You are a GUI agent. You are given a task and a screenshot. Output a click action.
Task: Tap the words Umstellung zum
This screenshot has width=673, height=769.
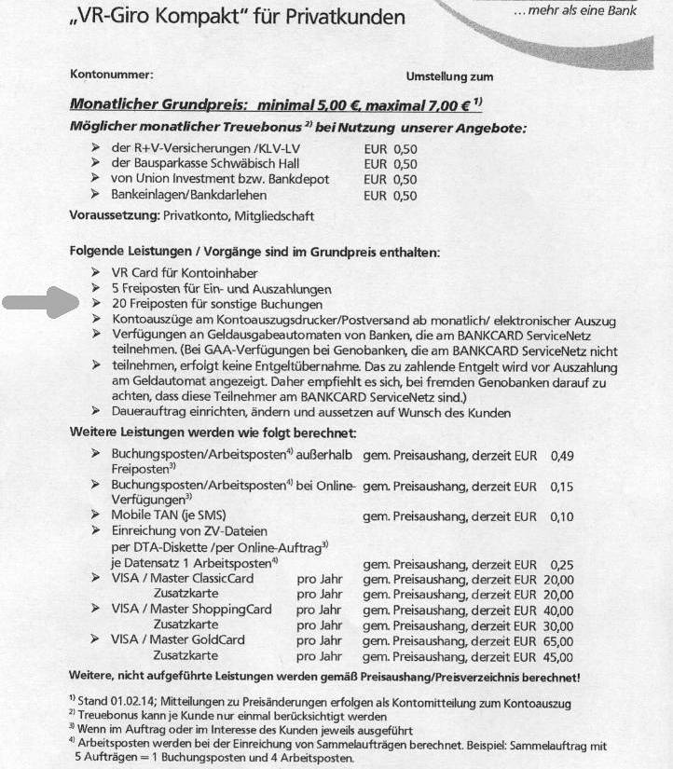pyautogui.click(x=449, y=76)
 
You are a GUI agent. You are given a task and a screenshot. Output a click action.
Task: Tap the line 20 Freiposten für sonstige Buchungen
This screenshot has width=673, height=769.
pyautogui.click(x=216, y=304)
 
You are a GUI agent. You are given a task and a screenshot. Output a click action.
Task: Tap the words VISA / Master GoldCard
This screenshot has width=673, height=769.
pyautogui.click(x=178, y=639)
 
